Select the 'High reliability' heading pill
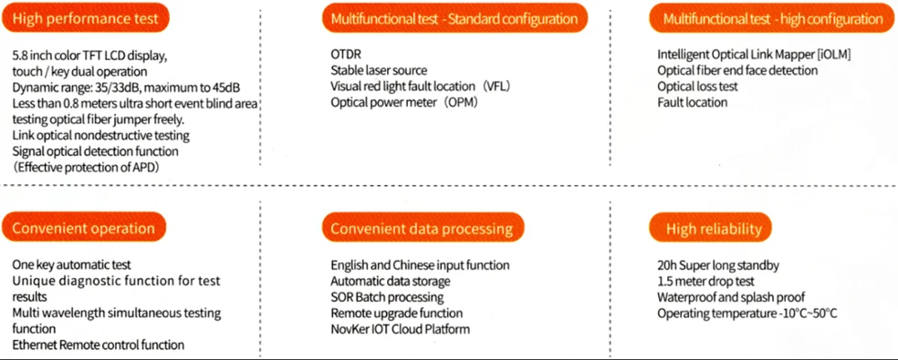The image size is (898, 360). (714, 230)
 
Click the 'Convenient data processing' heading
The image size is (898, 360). (422, 228)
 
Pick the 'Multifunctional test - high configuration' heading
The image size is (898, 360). (772, 18)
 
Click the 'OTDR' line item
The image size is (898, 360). (347, 54)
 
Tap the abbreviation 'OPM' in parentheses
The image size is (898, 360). (462, 102)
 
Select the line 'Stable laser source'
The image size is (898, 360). (378, 70)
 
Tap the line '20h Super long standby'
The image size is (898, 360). (718, 265)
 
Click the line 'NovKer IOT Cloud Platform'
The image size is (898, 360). (401, 329)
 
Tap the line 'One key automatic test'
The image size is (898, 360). (72, 265)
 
